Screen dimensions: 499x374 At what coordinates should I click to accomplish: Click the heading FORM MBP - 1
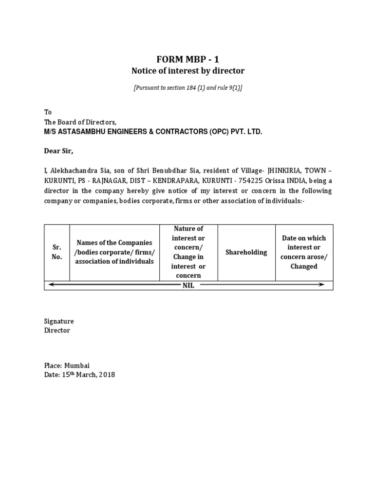tap(187, 59)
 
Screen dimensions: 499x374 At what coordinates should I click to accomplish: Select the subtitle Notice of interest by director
tap(187, 71)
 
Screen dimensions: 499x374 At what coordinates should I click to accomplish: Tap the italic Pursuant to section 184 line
tap(187, 88)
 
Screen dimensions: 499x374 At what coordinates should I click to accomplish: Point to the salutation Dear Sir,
tap(58, 151)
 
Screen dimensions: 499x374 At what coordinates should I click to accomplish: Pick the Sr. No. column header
tap(57, 252)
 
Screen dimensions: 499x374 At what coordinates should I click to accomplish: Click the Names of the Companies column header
tap(114, 252)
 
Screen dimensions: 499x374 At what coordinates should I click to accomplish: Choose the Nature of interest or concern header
tap(188, 252)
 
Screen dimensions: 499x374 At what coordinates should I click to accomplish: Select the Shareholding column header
tap(246, 252)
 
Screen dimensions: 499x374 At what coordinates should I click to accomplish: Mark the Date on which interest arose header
tap(304, 252)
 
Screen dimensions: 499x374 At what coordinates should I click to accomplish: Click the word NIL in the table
tap(188, 286)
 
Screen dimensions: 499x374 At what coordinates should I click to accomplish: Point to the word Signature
tap(59, 322)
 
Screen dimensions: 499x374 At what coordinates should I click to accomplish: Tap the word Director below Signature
tap(57, 330)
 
